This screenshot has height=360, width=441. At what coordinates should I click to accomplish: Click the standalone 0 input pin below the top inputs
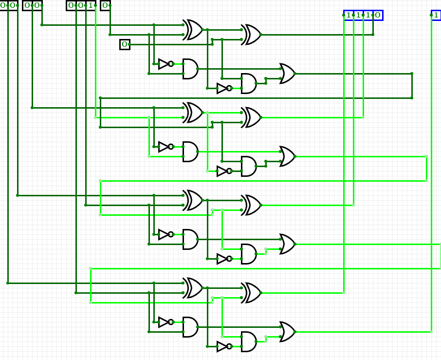(125, 44)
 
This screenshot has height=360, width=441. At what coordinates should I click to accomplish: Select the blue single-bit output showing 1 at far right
(436, 15)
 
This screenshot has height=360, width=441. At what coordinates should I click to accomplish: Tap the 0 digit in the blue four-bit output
(377, 15)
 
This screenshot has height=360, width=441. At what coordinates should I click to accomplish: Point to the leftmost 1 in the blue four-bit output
(349, 15)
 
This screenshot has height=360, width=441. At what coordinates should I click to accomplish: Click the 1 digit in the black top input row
(91, 5)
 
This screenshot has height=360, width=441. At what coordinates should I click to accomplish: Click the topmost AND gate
(190, 69)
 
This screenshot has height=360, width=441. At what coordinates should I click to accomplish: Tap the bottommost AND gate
(248, 341)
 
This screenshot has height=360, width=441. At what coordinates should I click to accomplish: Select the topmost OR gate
(287, 74)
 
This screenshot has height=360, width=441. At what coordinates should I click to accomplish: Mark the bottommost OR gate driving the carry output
(287, 332)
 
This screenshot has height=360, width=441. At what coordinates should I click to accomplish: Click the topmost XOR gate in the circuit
(193, 30)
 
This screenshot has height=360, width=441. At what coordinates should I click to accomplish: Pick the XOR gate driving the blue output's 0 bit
(251, 35)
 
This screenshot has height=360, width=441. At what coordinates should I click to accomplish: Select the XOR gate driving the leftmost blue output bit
(251, 293)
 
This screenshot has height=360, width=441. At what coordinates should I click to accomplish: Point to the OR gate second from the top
(287, 156)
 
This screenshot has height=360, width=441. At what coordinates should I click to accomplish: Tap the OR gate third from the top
(287, 244)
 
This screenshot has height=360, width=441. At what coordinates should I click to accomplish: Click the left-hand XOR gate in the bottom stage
(193, 288)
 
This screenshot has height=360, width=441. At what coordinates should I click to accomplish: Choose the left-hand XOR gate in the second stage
(193, 113)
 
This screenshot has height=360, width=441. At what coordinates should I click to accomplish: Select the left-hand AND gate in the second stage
(190, 152)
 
